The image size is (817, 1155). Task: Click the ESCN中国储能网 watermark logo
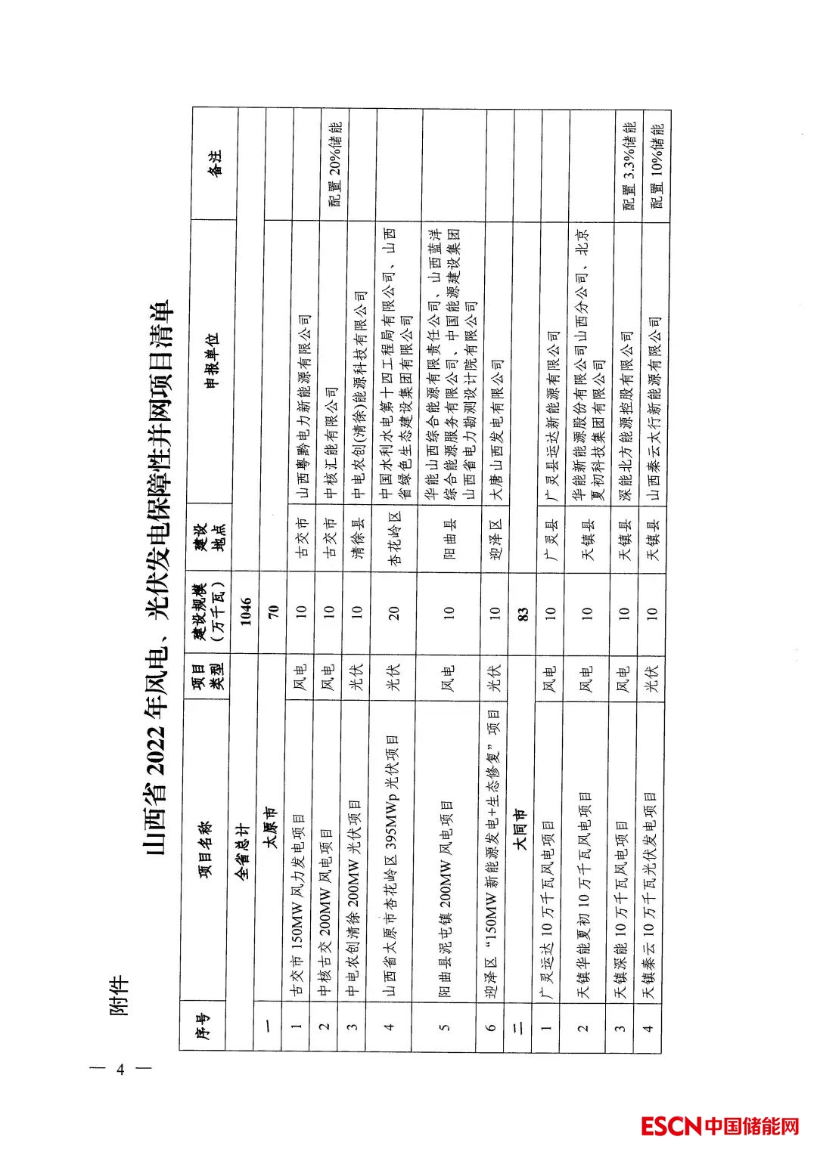pos(719,1126)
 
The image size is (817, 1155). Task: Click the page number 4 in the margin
pos(120,1069)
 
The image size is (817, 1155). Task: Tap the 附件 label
pos(119,996)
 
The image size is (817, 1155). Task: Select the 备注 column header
pos(215,163)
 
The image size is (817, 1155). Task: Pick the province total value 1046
pos(246,609)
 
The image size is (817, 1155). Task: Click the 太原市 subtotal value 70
pos(273,609)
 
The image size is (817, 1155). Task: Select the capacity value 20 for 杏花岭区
pos(393,612)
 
